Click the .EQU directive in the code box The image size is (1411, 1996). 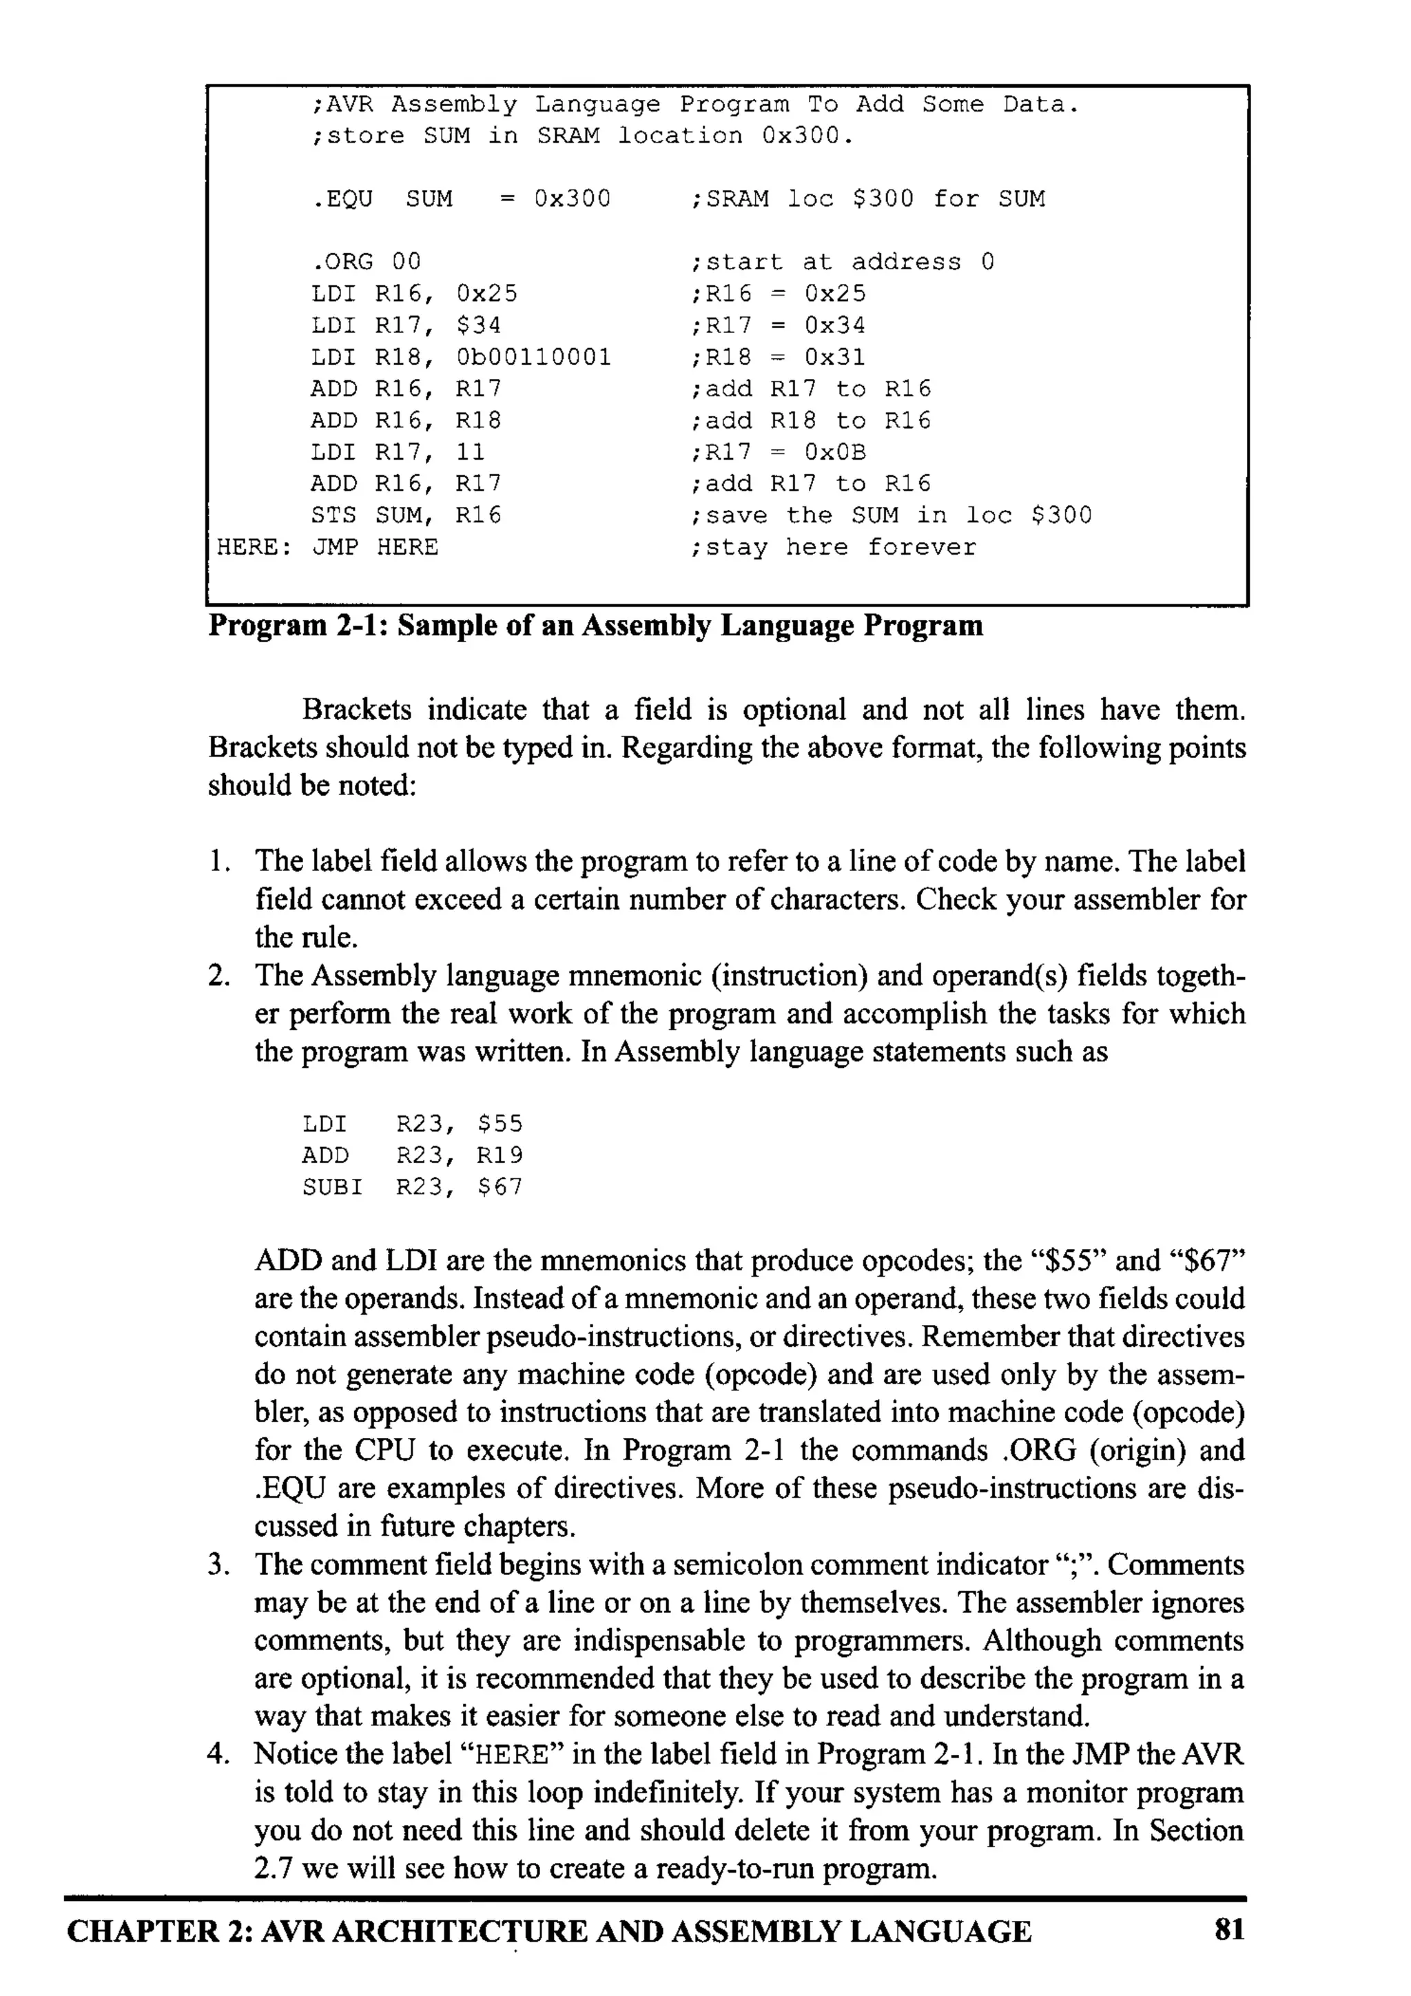342,199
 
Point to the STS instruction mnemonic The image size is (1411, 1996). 333,515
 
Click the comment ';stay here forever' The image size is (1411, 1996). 833,548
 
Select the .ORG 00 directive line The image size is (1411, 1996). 365,262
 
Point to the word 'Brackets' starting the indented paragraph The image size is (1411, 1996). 356,710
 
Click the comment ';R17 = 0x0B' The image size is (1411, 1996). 778,452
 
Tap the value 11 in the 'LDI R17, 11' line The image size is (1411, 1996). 471,452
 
